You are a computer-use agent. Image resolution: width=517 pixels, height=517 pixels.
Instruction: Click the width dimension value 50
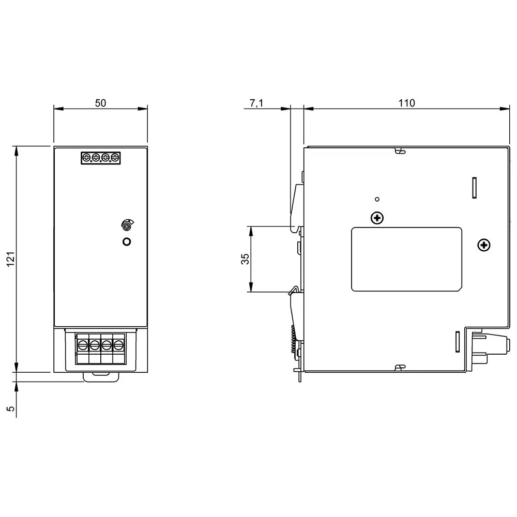pos(100,103)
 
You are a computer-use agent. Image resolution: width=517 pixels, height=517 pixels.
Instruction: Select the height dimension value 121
pos(11,258)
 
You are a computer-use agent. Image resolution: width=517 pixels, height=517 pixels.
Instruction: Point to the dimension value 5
pos(11,408)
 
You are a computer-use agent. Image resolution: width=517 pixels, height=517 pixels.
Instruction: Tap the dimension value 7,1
pos(256,103)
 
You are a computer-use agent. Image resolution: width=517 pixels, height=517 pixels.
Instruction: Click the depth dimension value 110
pos(406,103)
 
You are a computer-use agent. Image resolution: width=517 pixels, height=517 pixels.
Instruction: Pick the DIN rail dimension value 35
pos(246,259)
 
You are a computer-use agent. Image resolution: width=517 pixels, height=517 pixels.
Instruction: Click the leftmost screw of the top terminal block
pos(86,157)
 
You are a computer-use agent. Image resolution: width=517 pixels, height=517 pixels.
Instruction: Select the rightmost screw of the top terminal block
pos(114,157)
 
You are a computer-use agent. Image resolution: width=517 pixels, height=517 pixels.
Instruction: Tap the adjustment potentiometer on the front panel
pos(126,224)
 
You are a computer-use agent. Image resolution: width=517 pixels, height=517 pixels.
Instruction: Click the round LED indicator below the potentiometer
pos(126,241)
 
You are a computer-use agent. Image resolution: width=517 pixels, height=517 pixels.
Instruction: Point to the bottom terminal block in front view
pos(100,350)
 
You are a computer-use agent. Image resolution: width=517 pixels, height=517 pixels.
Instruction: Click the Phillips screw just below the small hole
pos(377,218)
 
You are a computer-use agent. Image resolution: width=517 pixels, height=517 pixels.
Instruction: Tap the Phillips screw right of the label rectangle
pos(483,245)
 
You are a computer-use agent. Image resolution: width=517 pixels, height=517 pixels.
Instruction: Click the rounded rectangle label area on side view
pos(406,258)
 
